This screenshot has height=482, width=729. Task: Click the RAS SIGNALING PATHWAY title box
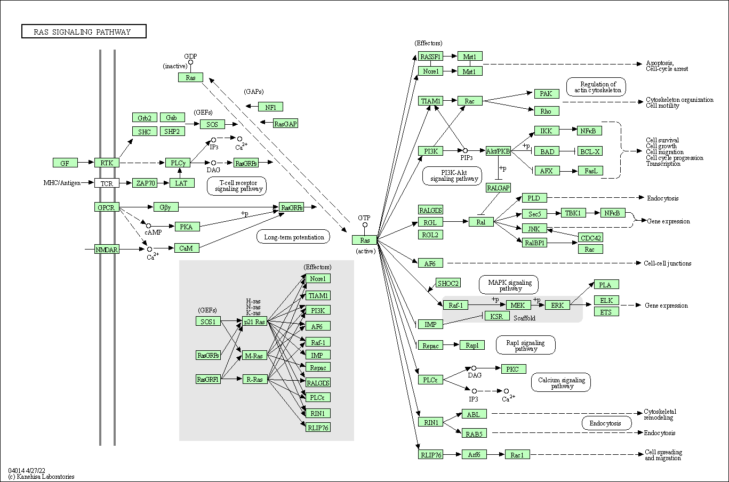(x=84, y=31)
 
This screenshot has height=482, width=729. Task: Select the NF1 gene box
(x=270, y=107)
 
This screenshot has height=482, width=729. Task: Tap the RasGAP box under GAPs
(x=285, y=124)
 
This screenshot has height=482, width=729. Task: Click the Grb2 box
(x=144, y=118)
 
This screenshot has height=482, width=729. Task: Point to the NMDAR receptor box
(x=107, y=249)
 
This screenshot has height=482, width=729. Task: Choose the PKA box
(x=186, y=227)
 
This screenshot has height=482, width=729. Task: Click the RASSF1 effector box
(x=430, y=57)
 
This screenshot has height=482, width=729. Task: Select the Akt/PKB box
(x=498, y=151)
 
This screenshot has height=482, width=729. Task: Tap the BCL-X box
(x=590, y=151)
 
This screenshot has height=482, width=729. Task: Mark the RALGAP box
(x=498, y=188)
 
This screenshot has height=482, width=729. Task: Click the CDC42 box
(x=590, y=237)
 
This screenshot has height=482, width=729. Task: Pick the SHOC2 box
(x=448, y=283)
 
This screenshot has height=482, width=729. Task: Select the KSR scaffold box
(x=496, y=316)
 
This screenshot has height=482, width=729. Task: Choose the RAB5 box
(x=474, y=433)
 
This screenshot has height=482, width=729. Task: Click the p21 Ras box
(x=254, y=322)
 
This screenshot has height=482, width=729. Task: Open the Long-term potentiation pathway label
(x=294, y=237)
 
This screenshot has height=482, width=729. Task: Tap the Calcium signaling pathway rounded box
(x=561, y=383)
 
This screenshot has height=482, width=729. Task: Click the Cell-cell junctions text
(x=667, y=263)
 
